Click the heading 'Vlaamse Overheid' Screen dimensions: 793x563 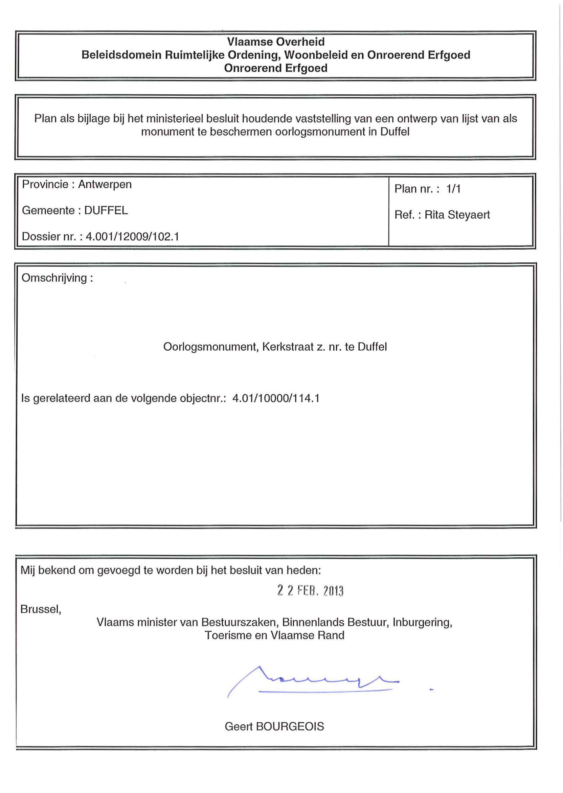click(276, 42)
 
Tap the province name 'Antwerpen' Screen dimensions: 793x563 click(105, 184)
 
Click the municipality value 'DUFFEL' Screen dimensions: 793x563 click(106, 210)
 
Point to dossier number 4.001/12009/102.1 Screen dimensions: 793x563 click(132, 237)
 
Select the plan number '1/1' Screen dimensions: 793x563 click(453, 189)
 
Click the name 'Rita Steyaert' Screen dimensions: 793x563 click(457, 215)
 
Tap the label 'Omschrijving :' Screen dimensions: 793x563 click(57, 278)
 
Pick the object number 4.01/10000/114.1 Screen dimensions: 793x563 click(276, 398)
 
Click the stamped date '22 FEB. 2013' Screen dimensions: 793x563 click(310, 590)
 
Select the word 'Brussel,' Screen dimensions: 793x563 click(41, 609)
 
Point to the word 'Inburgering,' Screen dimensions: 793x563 click(422, 623)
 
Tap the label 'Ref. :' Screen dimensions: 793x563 click(408, 215)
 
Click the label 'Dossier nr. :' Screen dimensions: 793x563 click(52, 237)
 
